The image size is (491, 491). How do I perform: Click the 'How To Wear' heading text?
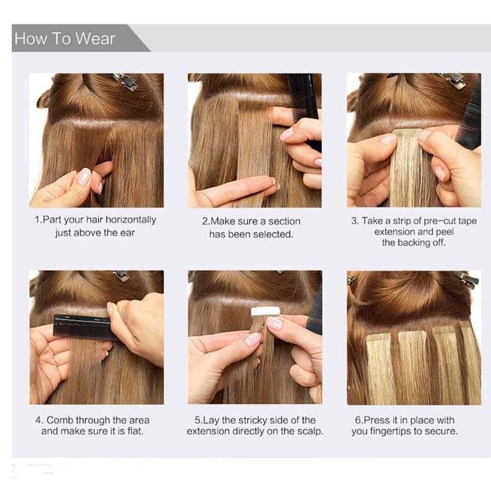[x=65, y=39]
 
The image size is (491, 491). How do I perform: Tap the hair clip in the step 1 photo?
[x=126, y=81]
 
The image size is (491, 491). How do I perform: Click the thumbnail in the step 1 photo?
[x=83, y=176]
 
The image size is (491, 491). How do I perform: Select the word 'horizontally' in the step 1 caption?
[x=131, y=220]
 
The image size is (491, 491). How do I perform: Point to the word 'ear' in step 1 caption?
[x=128, y=233]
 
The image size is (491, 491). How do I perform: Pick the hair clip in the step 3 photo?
[x=452, y=81]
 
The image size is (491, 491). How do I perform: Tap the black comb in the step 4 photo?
[x=83, y=327]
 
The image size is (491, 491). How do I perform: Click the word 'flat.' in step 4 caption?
[x=135, y=431]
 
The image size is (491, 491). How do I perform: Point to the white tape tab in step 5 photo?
[x=266, y=311]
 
